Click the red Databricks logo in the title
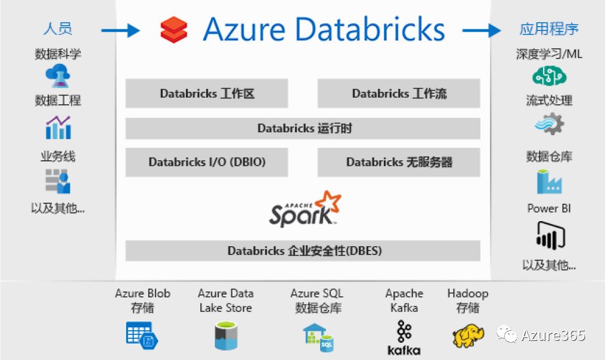[x=174, y=29]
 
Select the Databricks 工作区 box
[x=207, y=94]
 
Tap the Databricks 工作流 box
[x=399, y=94]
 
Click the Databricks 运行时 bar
[x=303, y=128]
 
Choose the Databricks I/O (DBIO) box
[x=207, y=162]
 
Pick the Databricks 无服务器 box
[x=399, y=162]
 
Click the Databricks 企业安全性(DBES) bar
[x=303, y=251]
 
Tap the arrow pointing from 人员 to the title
[x=120, y=30]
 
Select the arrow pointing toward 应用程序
[x=482, y=30]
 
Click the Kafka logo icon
[x=404, y=337]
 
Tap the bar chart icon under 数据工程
[x=58, y=128]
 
